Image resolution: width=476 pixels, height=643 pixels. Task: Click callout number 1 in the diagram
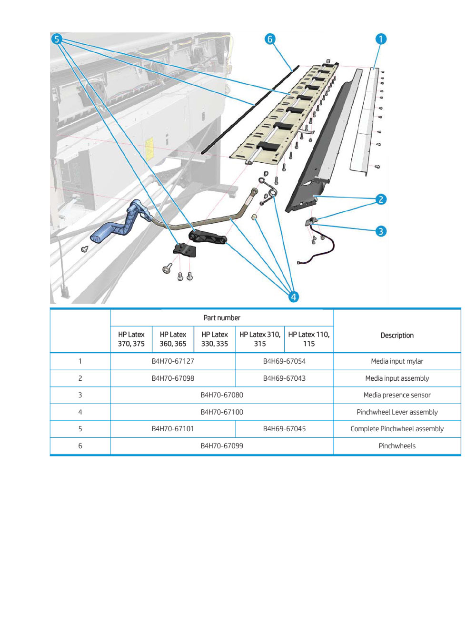pyautogui.click(x=380, y=39)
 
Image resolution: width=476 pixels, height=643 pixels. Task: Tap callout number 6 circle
pyautogui.click(x=270, y=39)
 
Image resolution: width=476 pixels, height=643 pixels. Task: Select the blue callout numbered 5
pyautogui.click(x=57, y=39)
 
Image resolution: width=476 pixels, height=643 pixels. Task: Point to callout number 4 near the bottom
pyautogui.click(x=294, y=297)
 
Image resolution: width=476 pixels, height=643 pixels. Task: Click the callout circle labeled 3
pyautogui.click(x=381, y=231)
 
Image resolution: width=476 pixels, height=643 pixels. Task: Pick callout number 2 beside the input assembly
pyautogui.click(x=381, y=199)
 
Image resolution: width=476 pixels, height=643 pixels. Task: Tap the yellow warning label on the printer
pyautogui.click(x=149, y=145)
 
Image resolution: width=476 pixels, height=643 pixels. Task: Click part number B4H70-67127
pyautogui.click(x=173, y=361)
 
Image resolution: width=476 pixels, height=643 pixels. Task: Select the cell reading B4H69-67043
pyautogui.click(x=284, y=378)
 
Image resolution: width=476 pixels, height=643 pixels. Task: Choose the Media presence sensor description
pyautogui.click(x=397, y=395)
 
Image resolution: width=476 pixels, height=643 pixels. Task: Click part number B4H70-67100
pyautogui.click(x=222, y=412)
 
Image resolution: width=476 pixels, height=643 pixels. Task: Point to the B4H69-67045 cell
pyautogui.click(x=284, y=429)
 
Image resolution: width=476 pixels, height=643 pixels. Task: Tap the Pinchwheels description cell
pyautogui.click(x=397, y=446)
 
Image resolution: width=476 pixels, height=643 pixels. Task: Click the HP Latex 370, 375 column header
pyautogui.click(x=131, y=339)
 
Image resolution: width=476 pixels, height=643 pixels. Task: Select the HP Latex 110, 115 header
pyautogui.click(x=308, y=339)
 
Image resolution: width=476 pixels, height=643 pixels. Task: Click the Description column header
pyautogui.click(x=397, y=336)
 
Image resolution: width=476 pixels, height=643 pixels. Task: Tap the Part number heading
pyautogui.click(x=222, y=318)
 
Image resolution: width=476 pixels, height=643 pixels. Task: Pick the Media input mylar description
pyautogui.click(x=397, y=361)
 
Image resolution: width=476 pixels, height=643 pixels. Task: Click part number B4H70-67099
pyautogui.click(x=222, y=446)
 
